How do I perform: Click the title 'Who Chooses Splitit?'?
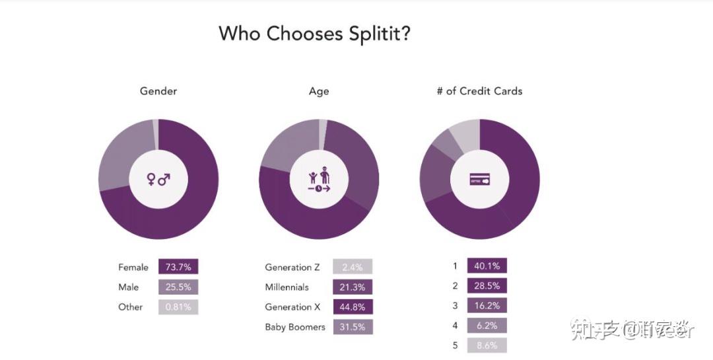point(314,33)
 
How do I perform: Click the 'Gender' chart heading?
point(158,91)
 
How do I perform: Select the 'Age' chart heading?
point(319,91)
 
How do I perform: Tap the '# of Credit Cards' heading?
point(479,91)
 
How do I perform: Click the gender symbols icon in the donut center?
point(158,179)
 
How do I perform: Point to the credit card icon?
point(480,179)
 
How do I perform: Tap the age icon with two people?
point(319,180)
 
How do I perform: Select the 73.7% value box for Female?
point(178,267)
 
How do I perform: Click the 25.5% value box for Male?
point(178,287)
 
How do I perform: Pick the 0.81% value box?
point(178,306)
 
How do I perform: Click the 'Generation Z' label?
point(292,268)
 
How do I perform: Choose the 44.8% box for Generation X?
point(353,307)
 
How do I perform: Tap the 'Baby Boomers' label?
point(295,327)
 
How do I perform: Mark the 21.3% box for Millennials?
point(353,287)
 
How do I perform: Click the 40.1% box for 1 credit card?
point(487,266)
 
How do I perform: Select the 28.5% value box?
point(487,286)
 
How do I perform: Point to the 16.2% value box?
point(487,306)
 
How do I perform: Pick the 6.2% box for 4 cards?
point(487,326)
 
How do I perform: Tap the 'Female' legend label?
point(133,268)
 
